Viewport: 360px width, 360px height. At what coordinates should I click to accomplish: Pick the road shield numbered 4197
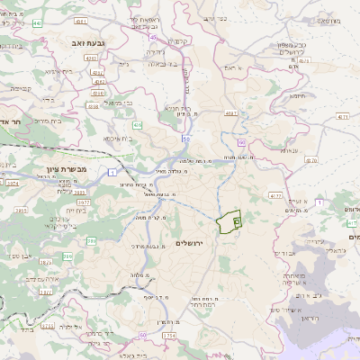point(231,113)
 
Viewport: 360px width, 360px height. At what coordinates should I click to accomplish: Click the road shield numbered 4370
point(311,160)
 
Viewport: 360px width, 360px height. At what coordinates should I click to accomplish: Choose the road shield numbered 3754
point(168,336)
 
